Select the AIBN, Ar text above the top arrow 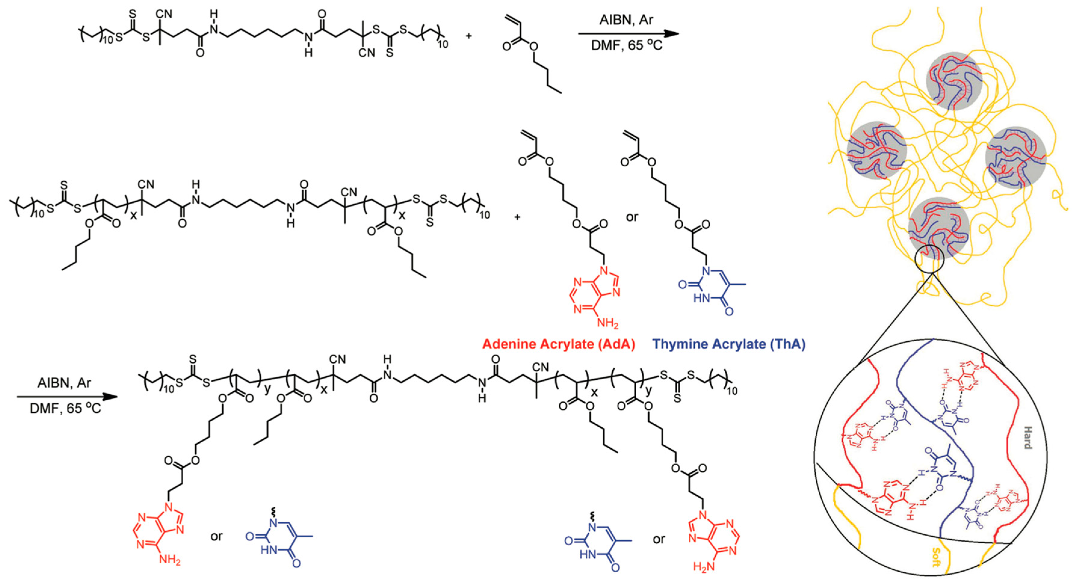(x=626, y=20)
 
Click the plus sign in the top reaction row (x=468, y=36)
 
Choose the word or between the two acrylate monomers (x=632, y=217)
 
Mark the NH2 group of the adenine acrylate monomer (x=606, y=323)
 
